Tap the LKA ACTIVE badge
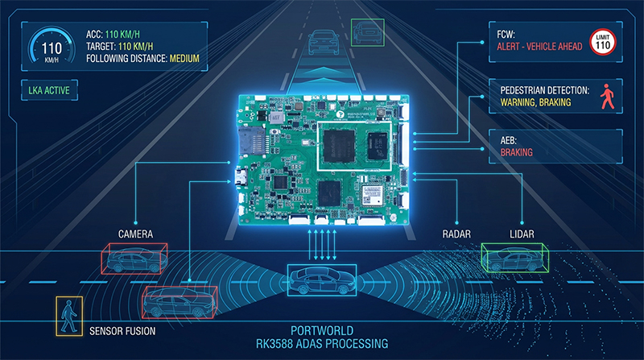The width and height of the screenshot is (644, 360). click(x=47, y=91)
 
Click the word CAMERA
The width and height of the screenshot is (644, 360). click(x=134, y=234)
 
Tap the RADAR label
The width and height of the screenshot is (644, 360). click(x=457, y=234)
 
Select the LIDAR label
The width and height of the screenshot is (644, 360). click(x=522, y=234)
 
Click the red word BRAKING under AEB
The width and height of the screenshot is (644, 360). click(x=517, y=151)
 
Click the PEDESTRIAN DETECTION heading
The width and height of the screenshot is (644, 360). click(x=545, y=92)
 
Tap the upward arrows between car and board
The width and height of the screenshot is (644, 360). click(x=321, y=245)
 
